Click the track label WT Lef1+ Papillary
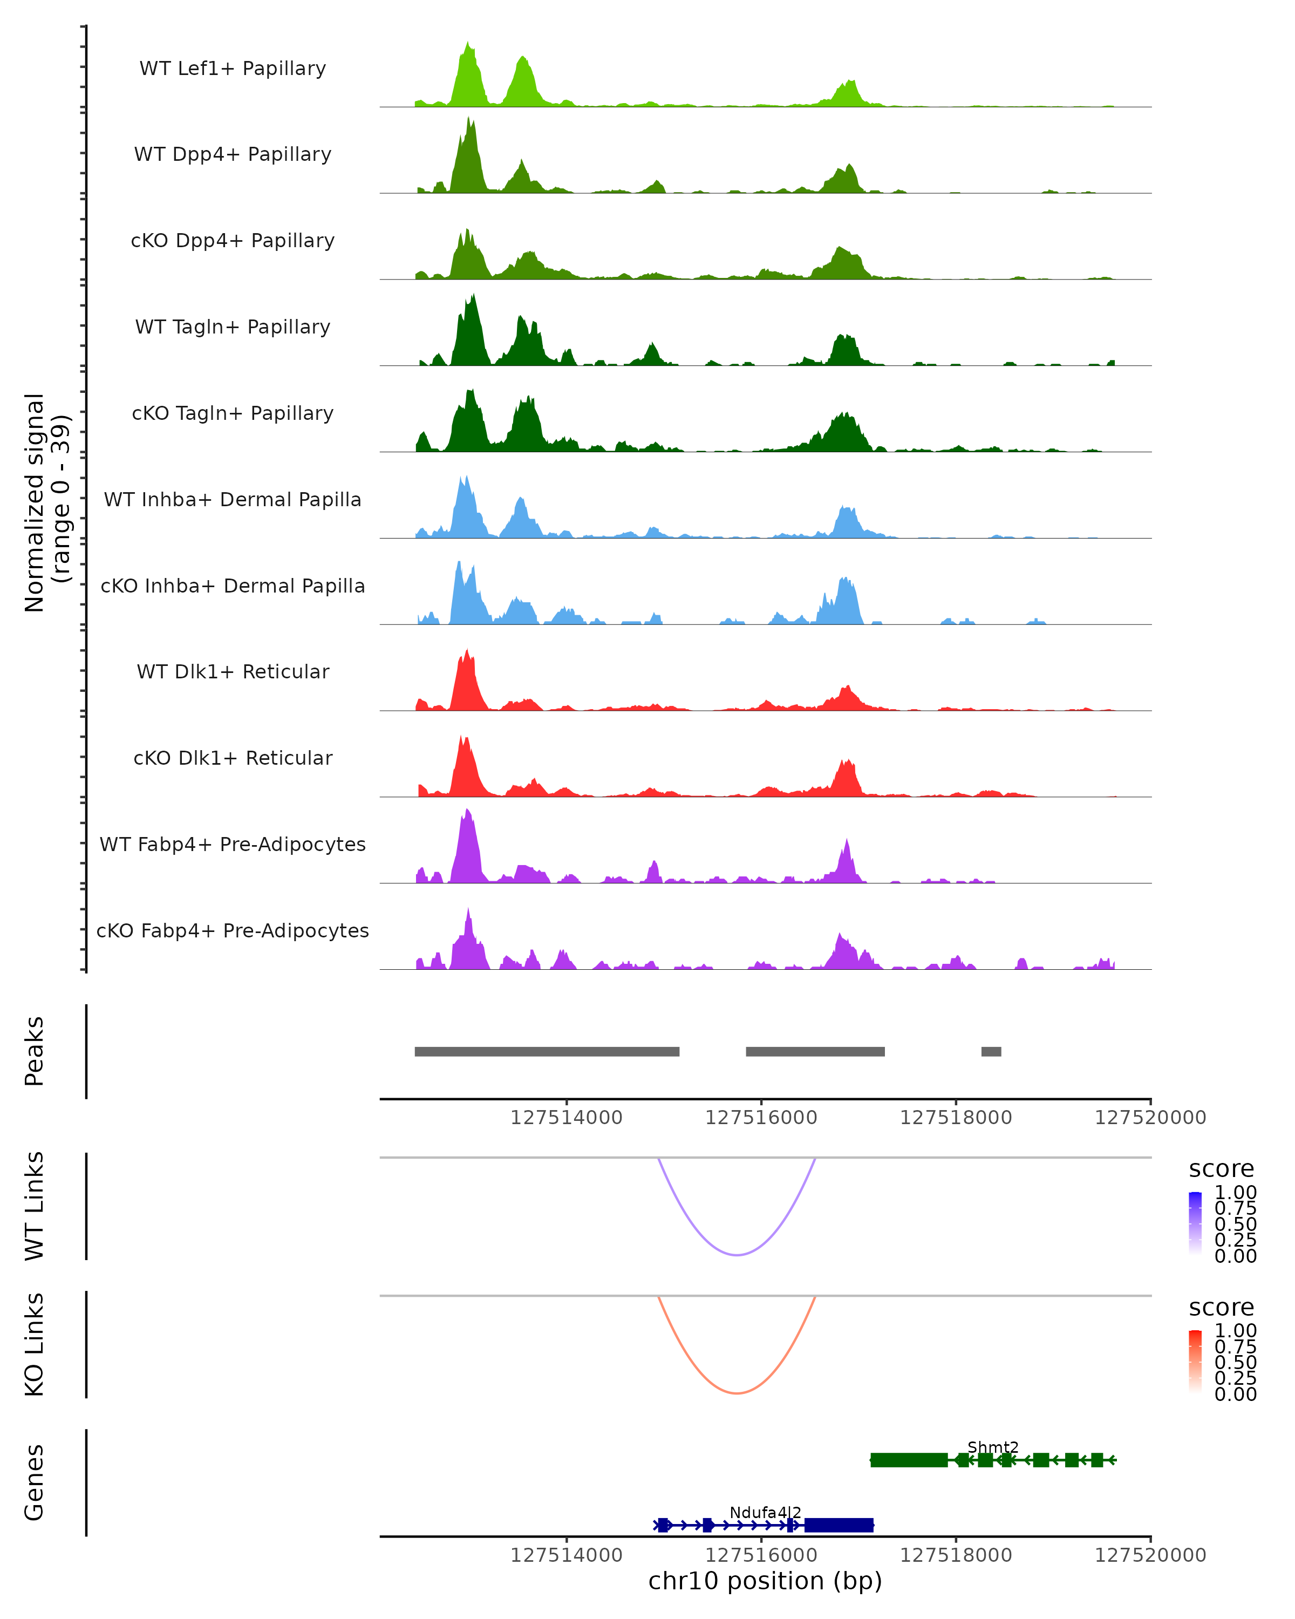(233, 69)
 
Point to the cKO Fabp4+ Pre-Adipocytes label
(233, 930)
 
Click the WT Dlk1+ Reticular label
(233, 671)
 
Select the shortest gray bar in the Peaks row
(991, 1051)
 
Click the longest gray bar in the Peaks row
(547, 1051)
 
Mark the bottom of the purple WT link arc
(737, 1255)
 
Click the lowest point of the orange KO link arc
(737, 1393)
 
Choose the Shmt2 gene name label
(992, 1447)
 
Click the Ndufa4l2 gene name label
(765, 1512)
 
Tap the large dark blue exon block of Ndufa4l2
(839, 1525)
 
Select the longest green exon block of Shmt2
(908, 1460)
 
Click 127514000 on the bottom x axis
(566, 1554)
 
